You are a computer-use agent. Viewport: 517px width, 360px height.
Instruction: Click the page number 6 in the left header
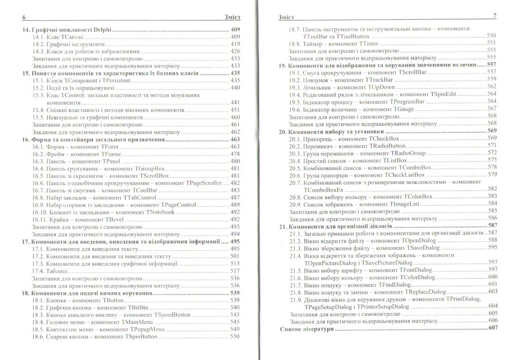pos(24,18)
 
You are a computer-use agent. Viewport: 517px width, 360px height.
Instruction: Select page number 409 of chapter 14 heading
pos(235,30)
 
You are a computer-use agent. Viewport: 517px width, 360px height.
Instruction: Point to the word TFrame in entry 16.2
pos(111,154)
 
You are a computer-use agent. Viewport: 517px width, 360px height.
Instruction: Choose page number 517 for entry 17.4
pos(235,271)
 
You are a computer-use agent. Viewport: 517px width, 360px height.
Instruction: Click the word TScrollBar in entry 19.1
pos(409,72)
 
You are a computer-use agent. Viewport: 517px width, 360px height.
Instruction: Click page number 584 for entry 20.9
pos(492,203)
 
